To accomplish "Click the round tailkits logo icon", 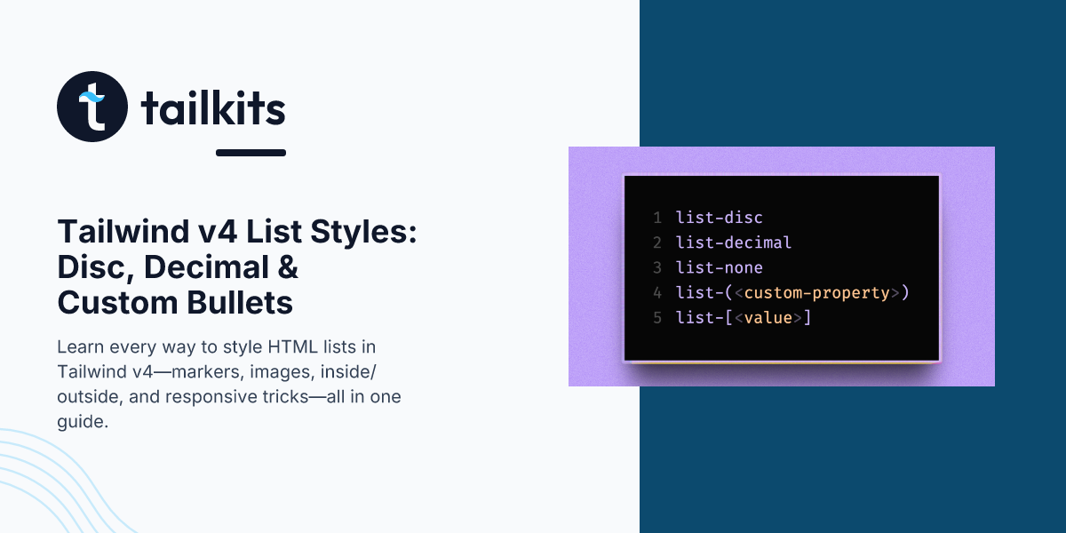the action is point(92,106).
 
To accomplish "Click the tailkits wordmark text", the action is point(213,107).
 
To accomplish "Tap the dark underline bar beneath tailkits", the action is point(251,153).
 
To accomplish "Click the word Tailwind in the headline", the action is point(123,231).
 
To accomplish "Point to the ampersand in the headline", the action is point(288,267).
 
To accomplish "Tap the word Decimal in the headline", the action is point(206,267).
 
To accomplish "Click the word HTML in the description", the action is point(292,347).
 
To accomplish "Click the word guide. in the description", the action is point(83,422).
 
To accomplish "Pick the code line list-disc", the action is point(719,218).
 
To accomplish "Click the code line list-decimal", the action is point(734,243).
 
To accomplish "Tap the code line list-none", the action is point(719,267).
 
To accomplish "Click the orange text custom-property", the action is point(816,293).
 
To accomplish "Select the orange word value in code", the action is point(768,317).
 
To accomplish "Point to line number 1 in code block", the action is point(657,218).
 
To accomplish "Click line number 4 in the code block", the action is point(657,292).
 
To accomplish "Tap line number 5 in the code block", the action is point(657,317).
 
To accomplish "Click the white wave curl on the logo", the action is point(91,97).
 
